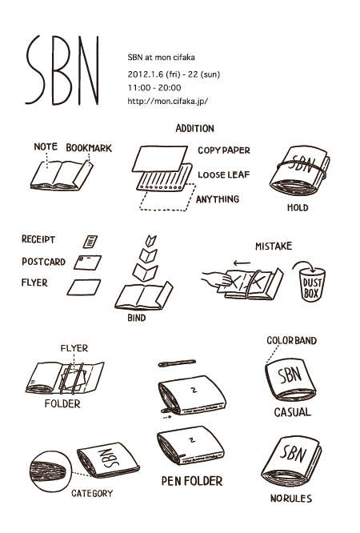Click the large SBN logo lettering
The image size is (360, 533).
[63, 70]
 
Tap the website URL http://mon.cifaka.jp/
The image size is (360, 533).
[167, 101]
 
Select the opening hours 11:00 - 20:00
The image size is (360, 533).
[154, 88]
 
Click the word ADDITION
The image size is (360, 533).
[194, 129]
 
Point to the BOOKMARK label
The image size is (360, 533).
[89, 148]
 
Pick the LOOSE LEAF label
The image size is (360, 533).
[224, 174]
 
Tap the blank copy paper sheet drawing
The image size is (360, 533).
[160, 158]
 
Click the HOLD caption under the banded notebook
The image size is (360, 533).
[298, 207]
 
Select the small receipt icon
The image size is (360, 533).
[90, 242]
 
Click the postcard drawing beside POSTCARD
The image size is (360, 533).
[87, 262]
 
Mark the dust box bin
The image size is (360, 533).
[313, 284]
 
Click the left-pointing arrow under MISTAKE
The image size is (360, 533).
[242, 262]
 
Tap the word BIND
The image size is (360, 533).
[136, 318]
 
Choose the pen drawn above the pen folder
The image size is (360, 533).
[177, 363]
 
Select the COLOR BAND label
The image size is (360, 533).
[291, 341]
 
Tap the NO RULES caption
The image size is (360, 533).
[291, 499]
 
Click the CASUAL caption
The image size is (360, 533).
[292, 412]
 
